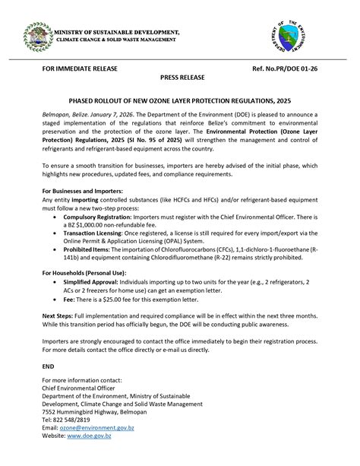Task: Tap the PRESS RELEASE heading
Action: pos(180,78)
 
